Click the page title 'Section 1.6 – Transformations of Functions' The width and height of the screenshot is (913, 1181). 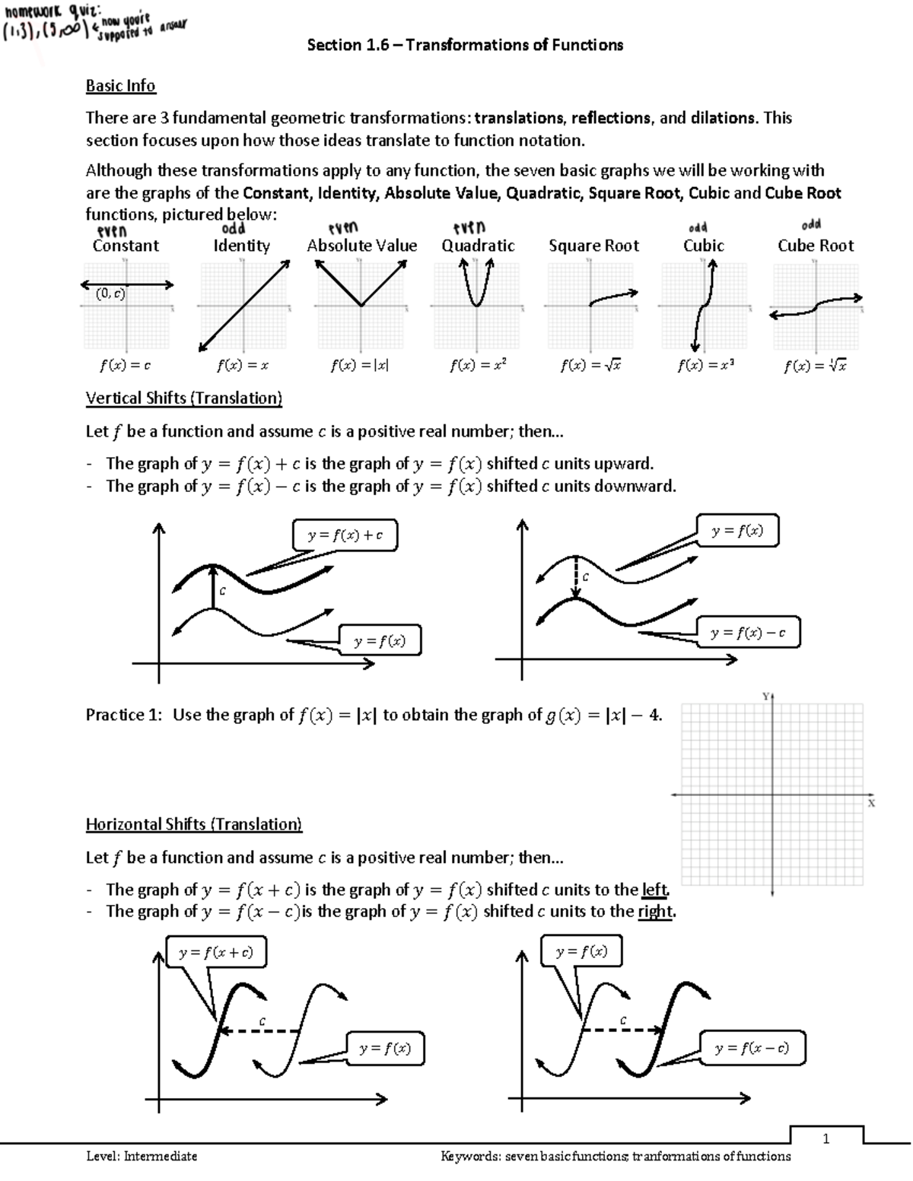pos(465,45)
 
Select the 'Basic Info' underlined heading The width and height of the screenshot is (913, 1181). pos(120,85)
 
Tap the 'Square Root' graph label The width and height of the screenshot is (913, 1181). pos(593,246)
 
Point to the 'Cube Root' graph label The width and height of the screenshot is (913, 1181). pos(815,246)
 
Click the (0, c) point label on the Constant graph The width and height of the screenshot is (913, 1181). pos(110,294)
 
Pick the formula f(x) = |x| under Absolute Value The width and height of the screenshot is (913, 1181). pos(360,365)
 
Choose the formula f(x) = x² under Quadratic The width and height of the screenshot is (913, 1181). pos(478,365)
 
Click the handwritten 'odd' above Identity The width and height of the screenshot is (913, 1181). pos(233,228)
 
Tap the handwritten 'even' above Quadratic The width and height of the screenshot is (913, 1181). pos(469,227)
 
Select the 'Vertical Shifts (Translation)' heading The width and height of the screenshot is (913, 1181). pos(183,398)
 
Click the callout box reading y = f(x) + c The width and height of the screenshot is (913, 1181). pos(345,535)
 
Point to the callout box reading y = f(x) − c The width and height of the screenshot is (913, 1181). pos(747,632)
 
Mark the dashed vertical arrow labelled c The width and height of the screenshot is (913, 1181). pos(577,577)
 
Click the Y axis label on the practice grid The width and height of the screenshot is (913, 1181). pos(766,697)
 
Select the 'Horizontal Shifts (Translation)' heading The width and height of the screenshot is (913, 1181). pos(193,824)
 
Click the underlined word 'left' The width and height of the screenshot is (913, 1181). pos(655,890)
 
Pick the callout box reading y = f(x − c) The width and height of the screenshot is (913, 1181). pos(751,1049)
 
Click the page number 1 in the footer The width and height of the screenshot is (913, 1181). pos(826,1138)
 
